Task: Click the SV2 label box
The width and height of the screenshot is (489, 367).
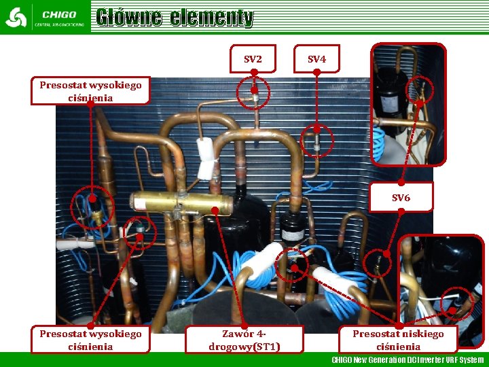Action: [253, 59]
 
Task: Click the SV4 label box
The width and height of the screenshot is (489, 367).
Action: [316, 59]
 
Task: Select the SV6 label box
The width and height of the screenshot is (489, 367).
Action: [401, 198]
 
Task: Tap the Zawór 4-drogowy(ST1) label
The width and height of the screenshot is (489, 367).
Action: [244, 340]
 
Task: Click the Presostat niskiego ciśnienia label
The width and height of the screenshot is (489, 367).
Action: [398, 340]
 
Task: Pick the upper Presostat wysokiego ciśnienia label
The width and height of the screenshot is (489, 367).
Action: [90, 91]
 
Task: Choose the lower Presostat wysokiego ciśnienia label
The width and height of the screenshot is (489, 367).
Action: [90, 340]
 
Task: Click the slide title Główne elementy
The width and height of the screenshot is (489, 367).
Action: [175, 18]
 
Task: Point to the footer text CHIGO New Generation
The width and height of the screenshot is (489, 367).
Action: [407, 360]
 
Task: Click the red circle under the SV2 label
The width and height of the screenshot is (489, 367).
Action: [254, 93]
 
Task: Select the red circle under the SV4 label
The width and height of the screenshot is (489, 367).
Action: [316, 141]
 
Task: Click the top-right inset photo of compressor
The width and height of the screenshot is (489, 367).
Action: [408, 104]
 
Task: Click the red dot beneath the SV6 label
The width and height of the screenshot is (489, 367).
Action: [401, 211]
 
